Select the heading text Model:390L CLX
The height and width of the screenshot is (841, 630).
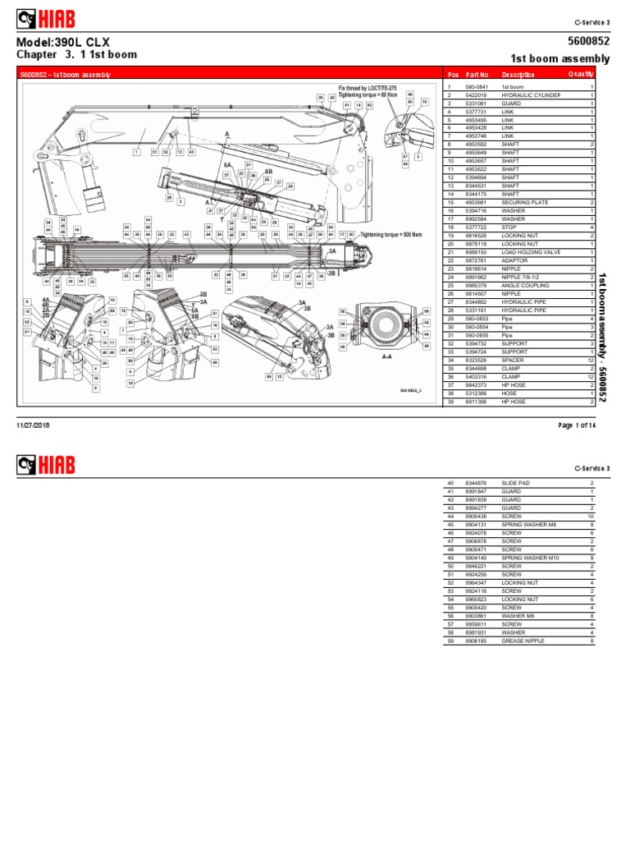[x=63, y=42]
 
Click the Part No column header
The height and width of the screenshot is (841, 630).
[x=477, y=74]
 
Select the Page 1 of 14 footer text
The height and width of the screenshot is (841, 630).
[x=577, y=425]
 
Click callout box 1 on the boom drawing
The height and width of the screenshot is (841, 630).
[x=136, y=152]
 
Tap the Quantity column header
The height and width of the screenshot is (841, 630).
[x=581, y=74]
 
